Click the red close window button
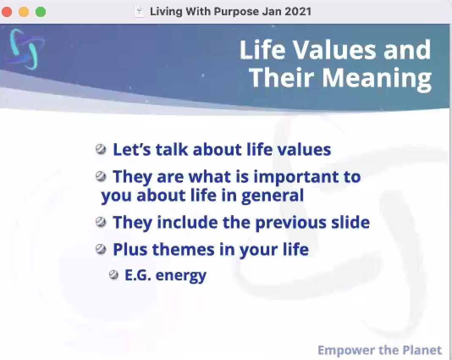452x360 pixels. coord(7,12)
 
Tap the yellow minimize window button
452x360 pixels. coord(24,12)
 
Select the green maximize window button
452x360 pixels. coord(41,12)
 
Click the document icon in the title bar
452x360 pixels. coord(139,12)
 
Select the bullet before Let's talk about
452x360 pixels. coord(101,150)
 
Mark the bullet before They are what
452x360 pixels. coord(101,176)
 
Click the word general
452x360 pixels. coord(273,196)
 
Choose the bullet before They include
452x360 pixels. coord(101,222)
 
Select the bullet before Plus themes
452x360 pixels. coord(101,249)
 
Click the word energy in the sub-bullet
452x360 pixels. coord(181,276)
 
